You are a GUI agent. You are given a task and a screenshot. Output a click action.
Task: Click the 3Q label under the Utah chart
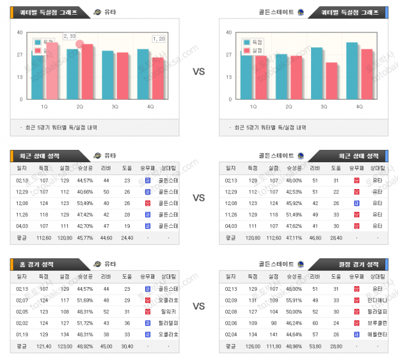click(x=115, y=107)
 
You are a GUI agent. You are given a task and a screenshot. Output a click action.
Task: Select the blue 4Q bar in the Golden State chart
click(x=352, y=70)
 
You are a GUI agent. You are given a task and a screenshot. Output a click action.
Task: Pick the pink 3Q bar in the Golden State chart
click(x=331, y=80)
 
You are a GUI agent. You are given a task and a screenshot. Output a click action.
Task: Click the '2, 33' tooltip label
click(x=70, y=36)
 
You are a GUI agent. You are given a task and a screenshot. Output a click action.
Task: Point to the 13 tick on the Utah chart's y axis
click(x=20, y=77)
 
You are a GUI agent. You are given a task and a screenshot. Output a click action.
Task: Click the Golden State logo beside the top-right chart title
click(x=300, y=12)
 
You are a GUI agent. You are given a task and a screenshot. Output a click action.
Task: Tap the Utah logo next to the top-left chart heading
click(x=98, y=12)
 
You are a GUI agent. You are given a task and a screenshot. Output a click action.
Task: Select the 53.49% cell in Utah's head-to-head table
click(x=85, y=202)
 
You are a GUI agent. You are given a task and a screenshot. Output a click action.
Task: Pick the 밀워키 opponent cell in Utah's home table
click(x=168, y=311)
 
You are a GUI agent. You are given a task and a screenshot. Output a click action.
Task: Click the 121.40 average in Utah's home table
click(x=43, y=346)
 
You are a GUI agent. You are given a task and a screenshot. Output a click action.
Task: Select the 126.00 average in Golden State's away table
click(x=252, y=346)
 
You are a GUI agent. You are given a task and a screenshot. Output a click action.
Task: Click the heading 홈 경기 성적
click(x=36, y=264)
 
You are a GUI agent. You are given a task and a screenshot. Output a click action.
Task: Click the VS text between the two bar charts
click(x=199, y=72)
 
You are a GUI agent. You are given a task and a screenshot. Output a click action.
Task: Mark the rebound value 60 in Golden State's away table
click(x=315, y=311)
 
